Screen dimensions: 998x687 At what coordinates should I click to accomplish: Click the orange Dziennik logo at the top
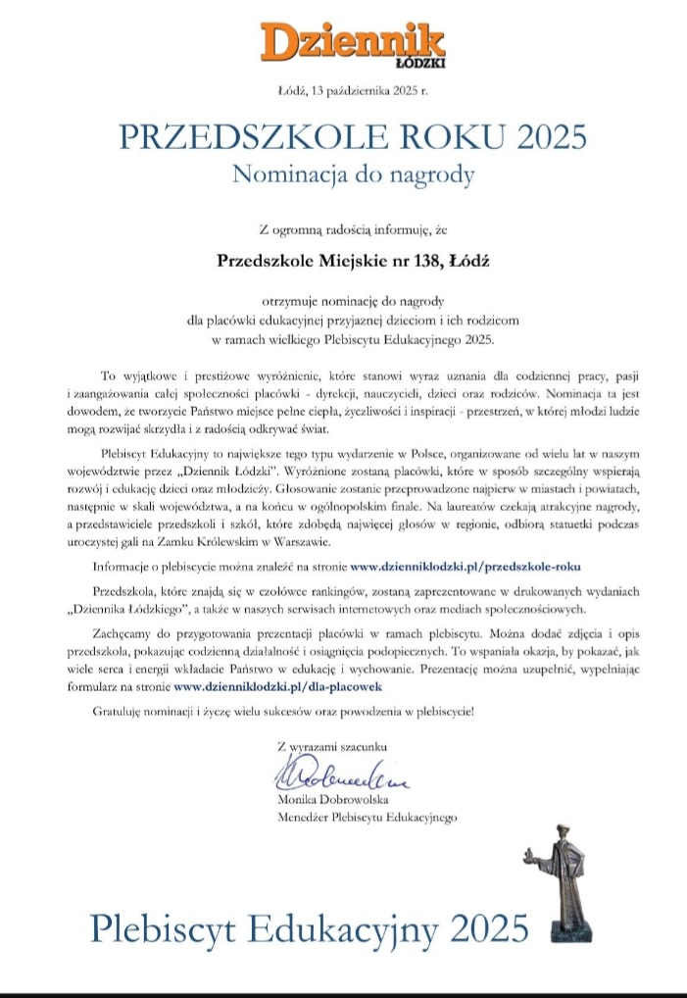click(x=353, y=42)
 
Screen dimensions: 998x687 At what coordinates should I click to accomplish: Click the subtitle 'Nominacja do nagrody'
click(x=353, y=175)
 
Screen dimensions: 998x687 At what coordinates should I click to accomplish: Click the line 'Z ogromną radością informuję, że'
click(x=353, y=231)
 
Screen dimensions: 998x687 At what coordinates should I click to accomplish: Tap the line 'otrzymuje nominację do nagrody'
click(x=353, y=302)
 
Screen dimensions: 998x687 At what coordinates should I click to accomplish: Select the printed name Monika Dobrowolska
click(x=333, y=800)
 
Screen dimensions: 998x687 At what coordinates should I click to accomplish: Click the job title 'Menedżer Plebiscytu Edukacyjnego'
click(x=368, y=816)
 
